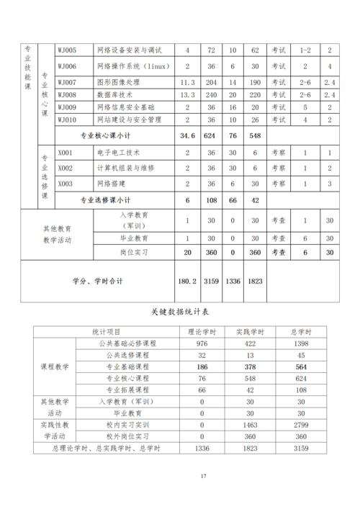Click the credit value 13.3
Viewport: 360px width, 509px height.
(x=187, y=94)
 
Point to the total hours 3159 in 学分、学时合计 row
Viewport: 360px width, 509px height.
(x=211, y=281)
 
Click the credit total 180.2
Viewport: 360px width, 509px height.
(x=187, y=281)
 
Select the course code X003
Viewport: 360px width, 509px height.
(x=66, y=183)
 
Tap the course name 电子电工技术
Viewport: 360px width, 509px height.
(x=120, y=153)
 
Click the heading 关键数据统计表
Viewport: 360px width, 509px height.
(x=180, y=312)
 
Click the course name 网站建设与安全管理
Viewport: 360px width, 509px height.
(x=129, y=119)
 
